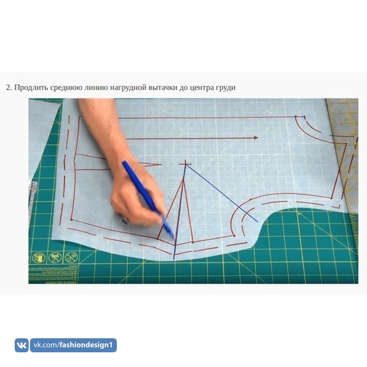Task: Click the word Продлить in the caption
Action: (x=31, y=87)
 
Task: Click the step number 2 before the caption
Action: (x=8, y=87)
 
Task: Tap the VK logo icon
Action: (x=21, y=345)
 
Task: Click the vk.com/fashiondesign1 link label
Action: (x=73, y=345)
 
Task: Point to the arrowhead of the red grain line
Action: (x=256, y=138)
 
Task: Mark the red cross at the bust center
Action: (x=185, y=164)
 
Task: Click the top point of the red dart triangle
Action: (x=183, y=179)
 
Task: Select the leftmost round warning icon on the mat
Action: (x=39, y=258)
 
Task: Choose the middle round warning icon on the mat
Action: (x=54, y=258)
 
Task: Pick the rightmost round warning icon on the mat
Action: (x=71, y=258)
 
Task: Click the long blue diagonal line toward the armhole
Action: (x=222, y=193)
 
